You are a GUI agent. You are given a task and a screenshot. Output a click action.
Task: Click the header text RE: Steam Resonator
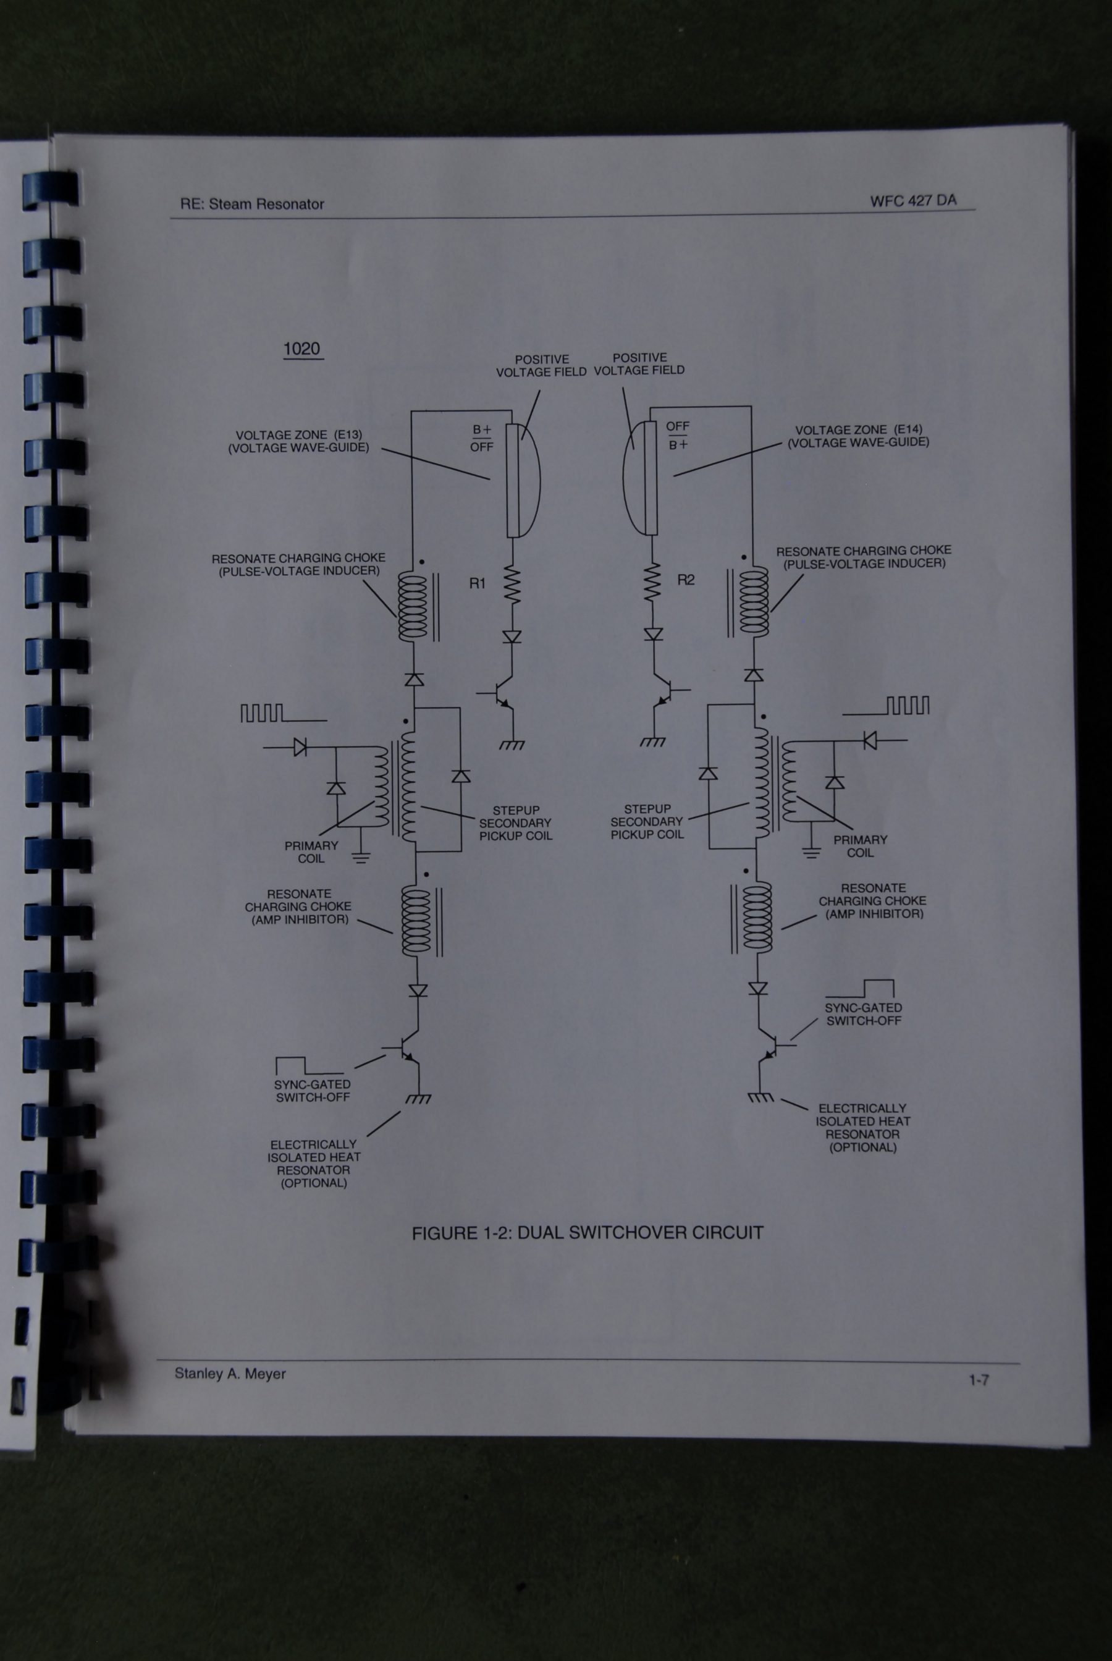[x=252, y=205]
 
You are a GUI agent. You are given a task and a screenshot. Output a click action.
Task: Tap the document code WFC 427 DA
[x=914, y=201]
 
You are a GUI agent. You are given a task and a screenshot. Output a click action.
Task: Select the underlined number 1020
[x=301, y=349]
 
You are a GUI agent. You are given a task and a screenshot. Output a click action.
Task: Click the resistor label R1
[x=478, y=583]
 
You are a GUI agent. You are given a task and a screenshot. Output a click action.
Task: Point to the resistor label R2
[x=686, y=580]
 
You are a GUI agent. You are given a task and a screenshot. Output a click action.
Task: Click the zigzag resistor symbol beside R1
[x=512, y=586]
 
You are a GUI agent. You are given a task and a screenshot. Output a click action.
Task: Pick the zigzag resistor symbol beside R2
[x=653, y=583]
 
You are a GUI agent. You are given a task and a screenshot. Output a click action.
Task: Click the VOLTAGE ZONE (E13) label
[x=298, y=441]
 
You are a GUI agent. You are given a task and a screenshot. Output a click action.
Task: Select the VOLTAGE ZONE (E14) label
[x=858, y=436]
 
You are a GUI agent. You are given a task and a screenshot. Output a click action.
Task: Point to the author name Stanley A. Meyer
[x=230, y=1373]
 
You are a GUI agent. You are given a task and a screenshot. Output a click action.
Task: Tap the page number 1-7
[x=979, y=1379]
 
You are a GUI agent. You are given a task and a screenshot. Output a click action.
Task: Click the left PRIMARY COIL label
[x=311, y=852]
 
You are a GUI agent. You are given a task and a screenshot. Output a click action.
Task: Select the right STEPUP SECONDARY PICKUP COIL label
[x=647, y=822]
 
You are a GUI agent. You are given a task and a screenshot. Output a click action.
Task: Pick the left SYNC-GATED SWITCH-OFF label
[x=313, y=1091]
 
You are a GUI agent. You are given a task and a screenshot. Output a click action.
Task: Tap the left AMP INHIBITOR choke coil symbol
[x=416, y=921]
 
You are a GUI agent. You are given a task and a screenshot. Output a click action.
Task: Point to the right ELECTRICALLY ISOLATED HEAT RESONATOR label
[x=863, y=1128]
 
